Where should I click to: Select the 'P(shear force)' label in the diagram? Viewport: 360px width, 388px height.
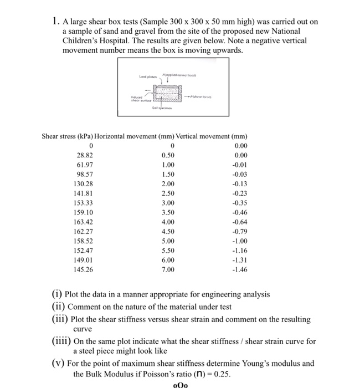tap(204, 94)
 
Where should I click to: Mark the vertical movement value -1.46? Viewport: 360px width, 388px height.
tap(239, 270)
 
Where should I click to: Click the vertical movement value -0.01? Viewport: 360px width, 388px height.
tap(239, 166)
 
